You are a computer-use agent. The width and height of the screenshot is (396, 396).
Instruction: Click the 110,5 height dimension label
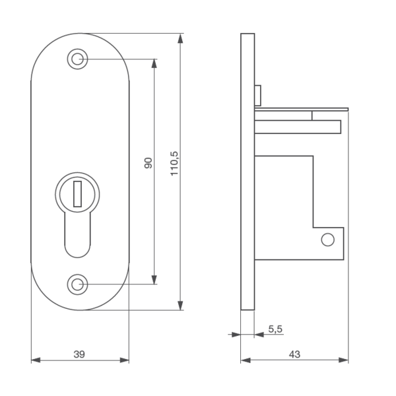click(x=174, y=164)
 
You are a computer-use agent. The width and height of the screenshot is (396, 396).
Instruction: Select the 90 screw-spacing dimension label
click(x=148, y=163)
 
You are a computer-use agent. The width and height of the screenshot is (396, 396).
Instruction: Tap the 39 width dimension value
click(x=79, y=354)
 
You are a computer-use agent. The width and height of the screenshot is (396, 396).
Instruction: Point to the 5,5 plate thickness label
click(x=275, y=329)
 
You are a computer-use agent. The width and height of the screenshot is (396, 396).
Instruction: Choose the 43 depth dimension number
click(x=294, y=354)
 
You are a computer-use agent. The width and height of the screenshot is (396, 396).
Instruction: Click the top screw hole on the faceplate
click(x=77, y=59)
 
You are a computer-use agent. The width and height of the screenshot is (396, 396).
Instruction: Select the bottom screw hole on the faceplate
click(x=77, y=284)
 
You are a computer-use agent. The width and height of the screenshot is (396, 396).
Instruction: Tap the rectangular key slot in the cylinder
click(x=77, y=193)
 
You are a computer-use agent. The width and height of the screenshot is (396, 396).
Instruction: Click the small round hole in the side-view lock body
click(x=328, y=240)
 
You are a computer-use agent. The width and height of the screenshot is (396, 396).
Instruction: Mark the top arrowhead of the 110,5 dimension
click(x=180, y=39)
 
